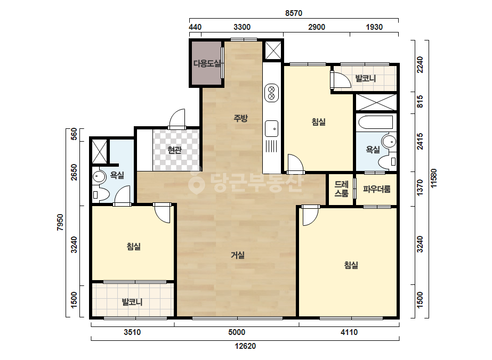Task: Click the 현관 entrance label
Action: coord(174,150)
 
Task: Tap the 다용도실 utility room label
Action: coord(207,64)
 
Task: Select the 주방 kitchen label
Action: coord(240,118)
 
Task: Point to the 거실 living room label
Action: coord(238,255)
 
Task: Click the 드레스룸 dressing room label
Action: coord(341,189)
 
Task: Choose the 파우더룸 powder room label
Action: coord(376,189)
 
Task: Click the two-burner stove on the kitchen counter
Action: coord(271,93)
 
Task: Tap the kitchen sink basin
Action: coord(271,128)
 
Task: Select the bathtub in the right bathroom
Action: coord(376,122)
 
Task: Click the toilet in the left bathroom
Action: coord(100,194)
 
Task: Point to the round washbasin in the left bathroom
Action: coord(99,177)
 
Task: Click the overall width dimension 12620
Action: coord(245,346)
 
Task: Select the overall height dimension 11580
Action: coord(433,178)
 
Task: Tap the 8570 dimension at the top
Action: coord(294,13)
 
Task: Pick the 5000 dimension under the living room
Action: coord(237,332)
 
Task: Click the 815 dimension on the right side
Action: coord(420,102)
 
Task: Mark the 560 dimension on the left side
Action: coord(74,134)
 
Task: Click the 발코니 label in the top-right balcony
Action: coord(365,78)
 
